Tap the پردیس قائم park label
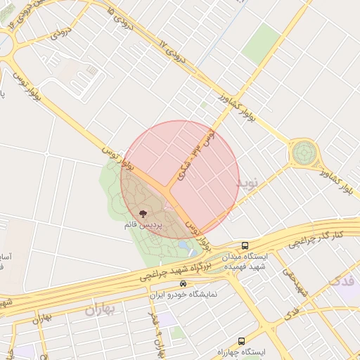coord(143,225)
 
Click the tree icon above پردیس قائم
coord(143,212)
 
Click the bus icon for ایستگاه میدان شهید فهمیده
coord(245,246)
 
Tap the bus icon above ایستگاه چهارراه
coord(242,341)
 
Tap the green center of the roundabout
coord(304,151)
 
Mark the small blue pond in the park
coord(186,247)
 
